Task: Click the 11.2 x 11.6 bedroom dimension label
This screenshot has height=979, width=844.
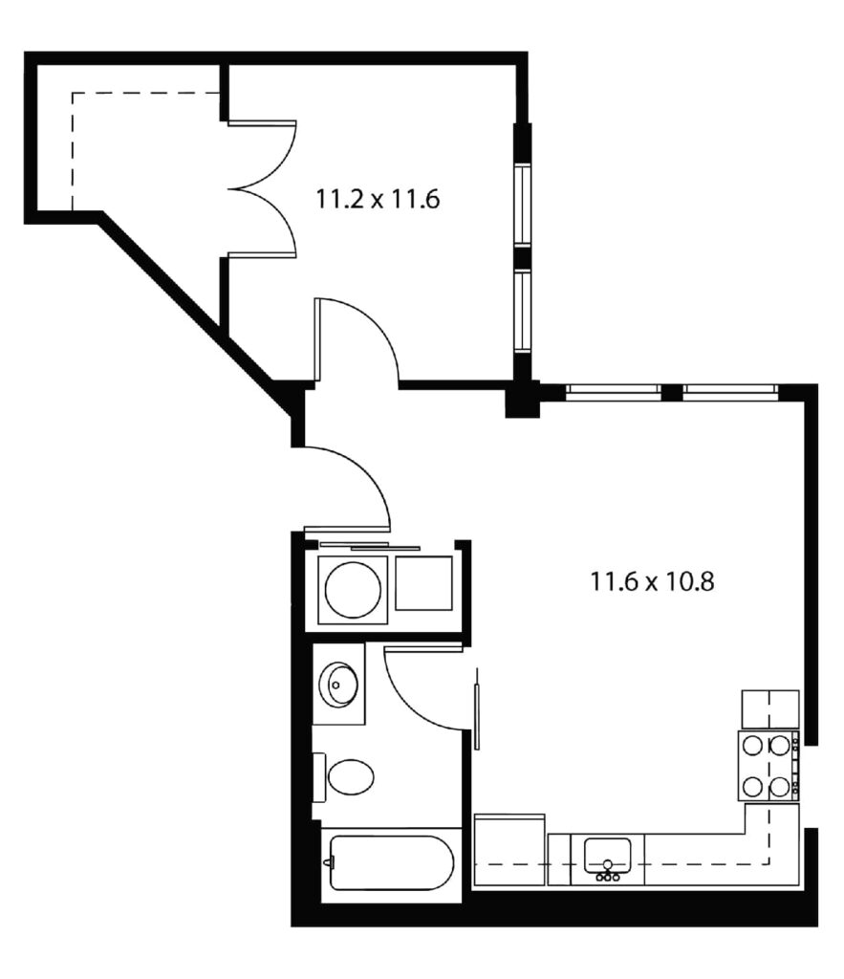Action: [378, 199]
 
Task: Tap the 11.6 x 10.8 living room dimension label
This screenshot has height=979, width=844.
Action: [652, 581]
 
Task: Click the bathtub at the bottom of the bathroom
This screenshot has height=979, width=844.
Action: [391, 863]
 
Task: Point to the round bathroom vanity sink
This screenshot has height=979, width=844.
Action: [337, 685]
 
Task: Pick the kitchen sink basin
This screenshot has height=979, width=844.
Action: [607, 856]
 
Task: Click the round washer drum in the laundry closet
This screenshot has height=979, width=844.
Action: [354, 590]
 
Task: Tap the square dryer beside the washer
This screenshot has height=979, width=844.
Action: [423, 583]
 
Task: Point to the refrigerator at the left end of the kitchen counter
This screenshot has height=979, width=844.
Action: [509, 850]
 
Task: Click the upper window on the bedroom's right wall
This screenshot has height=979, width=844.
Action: [523, 204]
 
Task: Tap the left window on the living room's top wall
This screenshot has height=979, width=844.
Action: [614, 391]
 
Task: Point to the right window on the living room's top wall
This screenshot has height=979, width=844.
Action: [730, 391]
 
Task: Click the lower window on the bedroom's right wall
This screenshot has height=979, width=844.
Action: [523, 311]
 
